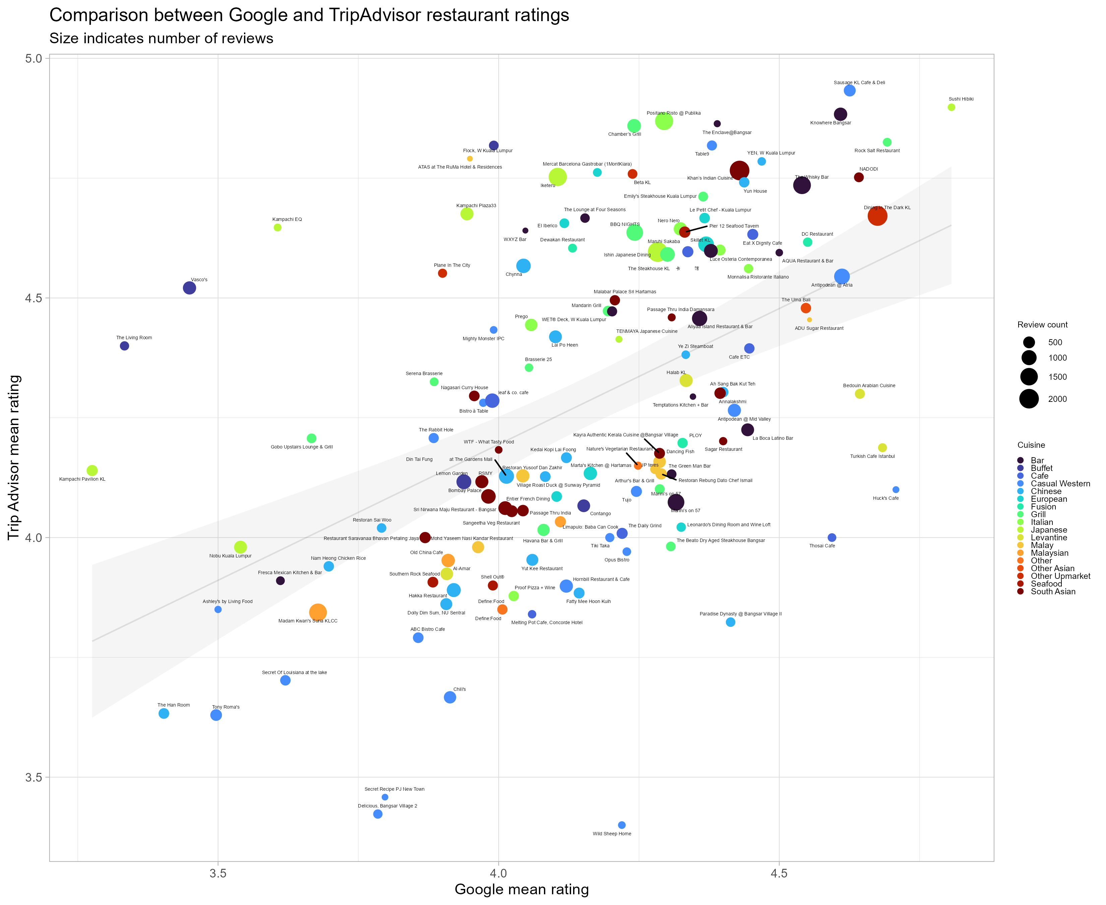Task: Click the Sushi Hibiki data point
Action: point(951,107)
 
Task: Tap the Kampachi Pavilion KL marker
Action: point(92,470)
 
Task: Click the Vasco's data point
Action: point(189,288)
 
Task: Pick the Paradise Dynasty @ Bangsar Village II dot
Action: point(730,622)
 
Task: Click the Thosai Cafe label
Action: point(822,546)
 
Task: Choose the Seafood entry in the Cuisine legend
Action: point(1046,584)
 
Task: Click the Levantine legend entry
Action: point(1049,538)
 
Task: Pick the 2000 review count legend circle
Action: point(1029,399)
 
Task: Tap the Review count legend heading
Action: point(1042,325)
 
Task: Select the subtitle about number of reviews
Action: point(161,39)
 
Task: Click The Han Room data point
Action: point(164,713)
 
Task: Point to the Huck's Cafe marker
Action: point(896,489)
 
